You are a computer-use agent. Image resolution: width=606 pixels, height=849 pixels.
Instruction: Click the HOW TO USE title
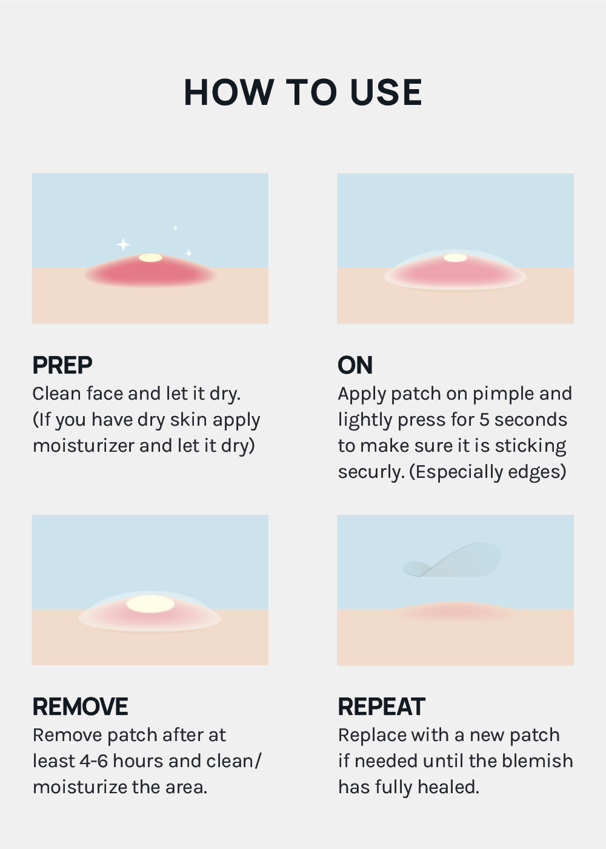303,92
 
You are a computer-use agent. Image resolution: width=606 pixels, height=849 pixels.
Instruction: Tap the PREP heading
62,365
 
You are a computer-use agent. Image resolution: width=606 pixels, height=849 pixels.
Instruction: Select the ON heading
355,365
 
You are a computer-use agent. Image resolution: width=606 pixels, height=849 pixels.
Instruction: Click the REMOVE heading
80,706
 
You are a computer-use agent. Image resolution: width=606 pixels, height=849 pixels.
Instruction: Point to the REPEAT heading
381,706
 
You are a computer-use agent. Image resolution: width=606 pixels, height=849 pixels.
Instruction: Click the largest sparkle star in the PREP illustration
123,244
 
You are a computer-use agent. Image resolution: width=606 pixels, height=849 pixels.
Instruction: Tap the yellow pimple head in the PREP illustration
150,258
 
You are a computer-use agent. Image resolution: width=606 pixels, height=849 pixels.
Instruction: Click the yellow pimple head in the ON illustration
455,258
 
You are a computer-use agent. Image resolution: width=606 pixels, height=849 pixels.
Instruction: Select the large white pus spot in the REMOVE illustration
150,604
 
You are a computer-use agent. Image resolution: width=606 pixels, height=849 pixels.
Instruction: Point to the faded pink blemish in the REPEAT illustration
456,611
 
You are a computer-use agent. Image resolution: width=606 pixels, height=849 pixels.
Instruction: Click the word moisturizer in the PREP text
84,446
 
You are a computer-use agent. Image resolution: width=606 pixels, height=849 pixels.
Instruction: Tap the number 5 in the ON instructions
484,420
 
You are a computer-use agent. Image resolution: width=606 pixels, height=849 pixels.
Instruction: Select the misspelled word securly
371,472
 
